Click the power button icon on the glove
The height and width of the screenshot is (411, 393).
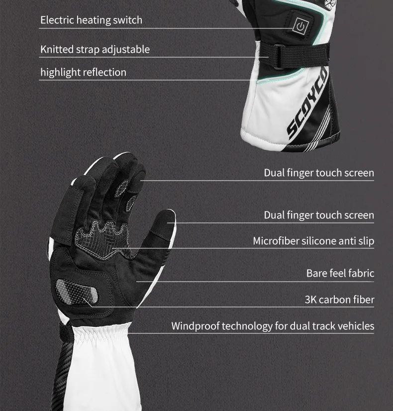(300, 25)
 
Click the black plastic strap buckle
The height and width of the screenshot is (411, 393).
(279, 56)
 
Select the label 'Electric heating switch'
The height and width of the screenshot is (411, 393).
(91, 20)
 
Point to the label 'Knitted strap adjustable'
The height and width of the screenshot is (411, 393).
(95, 49)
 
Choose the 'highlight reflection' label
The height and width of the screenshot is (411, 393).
(83, 72)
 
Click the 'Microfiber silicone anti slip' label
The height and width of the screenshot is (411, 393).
(313, 241)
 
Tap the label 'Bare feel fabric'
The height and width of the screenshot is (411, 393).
(340, 273)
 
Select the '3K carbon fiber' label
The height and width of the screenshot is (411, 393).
(339, 300)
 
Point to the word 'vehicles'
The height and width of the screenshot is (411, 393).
(356, 326)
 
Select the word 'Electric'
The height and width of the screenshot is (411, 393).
(57, 20)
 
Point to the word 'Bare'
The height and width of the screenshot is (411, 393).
(316, 273)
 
